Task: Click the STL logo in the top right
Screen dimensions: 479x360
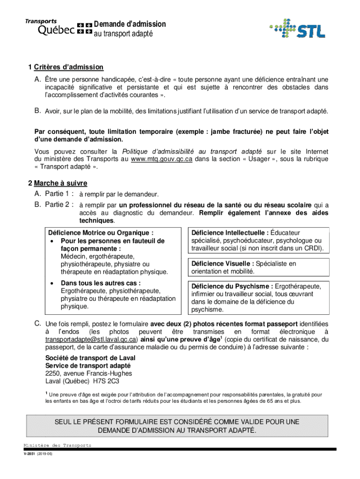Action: pyautogui.click(x=297, y=29)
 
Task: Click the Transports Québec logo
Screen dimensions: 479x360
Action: pyautogui.click(x=58, y=28)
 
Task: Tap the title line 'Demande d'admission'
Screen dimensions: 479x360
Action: pyautogui.click(x=130, y=24)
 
